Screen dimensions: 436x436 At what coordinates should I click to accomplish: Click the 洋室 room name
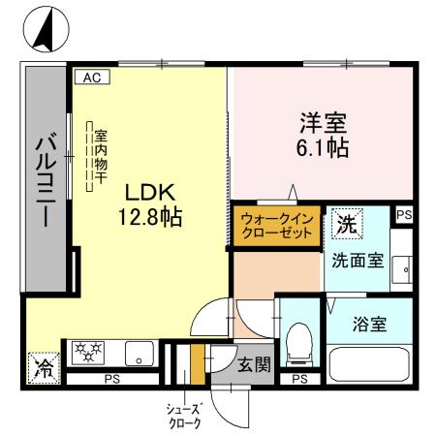point(322,125)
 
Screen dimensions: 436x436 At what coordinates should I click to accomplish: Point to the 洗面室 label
point(356,260)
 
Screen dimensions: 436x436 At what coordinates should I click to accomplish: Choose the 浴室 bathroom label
point(370,324)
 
